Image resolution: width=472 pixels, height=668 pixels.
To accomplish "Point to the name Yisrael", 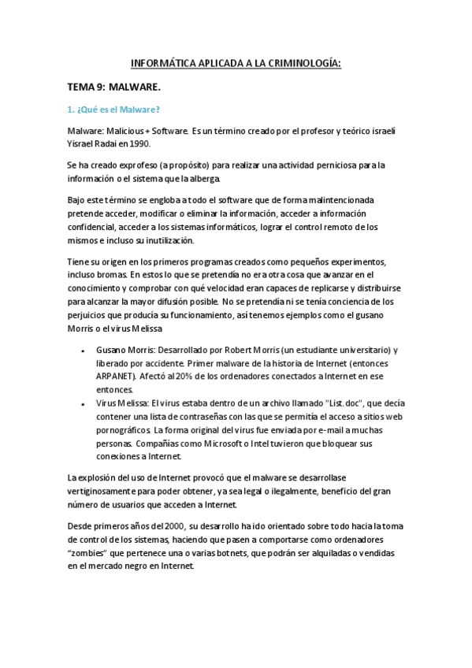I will point(82,144).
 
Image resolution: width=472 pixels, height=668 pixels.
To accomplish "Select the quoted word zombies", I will point(91,553).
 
